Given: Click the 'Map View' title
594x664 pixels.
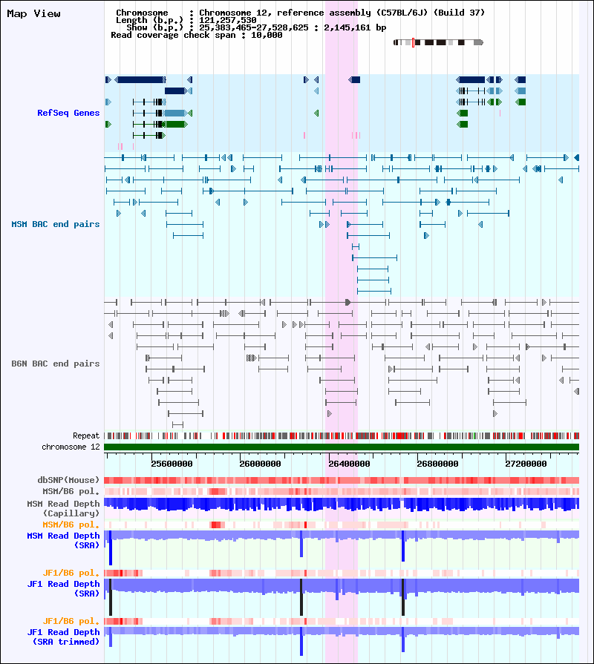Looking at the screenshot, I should pyautogui.click(x=33, y=14).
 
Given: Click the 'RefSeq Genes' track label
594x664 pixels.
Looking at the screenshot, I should pyautogui.click(x=68, y=113).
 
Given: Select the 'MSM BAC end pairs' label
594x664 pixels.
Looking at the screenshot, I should pyautogui.click(x=56, y=224).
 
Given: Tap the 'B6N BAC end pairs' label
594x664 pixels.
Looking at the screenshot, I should pyautogui.click(x=56, y=364).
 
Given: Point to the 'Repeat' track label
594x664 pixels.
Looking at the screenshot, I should pyautogui.click(x=86, y=435).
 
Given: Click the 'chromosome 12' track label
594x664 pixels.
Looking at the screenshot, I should pyautogui.click(x=71, y=447).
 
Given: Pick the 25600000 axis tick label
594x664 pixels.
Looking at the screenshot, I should pyautogui.click(x=172, y=464).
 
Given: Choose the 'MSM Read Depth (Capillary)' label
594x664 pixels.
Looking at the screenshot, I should pyautogui.click(x=63, y=508).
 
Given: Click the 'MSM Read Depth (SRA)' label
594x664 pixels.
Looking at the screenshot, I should pyautogui.click(x=63, y=540).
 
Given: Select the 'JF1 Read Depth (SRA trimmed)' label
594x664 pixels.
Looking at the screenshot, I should pyautogui.click(x=63, y=637).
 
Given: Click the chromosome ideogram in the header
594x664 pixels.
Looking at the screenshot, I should pyautogui.click(x=438, y=43).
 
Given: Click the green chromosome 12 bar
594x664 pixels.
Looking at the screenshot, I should pyautogui.click(x=342, y=447).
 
